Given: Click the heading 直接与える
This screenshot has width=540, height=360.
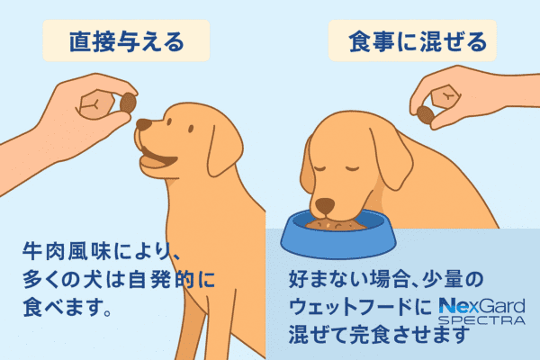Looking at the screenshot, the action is (126, 41).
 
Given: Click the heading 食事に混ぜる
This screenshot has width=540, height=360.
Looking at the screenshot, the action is (418, 41).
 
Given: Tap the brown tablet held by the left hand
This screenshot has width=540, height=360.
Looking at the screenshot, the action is (128, 103).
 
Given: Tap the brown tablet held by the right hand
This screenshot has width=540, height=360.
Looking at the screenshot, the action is (426, 115).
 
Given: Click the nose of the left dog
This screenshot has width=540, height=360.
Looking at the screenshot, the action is (143, 124).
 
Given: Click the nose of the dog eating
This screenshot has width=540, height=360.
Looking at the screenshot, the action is (325, 206).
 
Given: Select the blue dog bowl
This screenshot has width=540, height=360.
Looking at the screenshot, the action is (337, 234).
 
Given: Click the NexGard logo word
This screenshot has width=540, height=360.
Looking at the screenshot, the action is (481, 306).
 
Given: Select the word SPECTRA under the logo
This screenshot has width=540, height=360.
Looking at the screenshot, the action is (481, 320).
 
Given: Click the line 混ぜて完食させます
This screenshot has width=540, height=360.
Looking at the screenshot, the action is (379, 334).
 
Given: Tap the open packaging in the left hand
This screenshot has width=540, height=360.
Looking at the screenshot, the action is (96, 104).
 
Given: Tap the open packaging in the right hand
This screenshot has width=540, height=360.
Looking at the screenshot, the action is (445, 96).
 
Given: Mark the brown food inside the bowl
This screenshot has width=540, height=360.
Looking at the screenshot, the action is (336, 226).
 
